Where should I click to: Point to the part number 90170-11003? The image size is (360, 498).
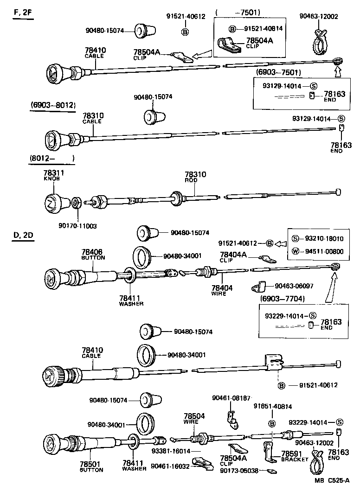(77, 226)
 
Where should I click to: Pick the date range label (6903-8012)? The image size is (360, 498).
(53, 105)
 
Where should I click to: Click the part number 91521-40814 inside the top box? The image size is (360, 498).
(264, 28)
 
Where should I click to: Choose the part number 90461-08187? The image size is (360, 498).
(231, 398)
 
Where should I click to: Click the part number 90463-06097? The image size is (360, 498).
(294, 286)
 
